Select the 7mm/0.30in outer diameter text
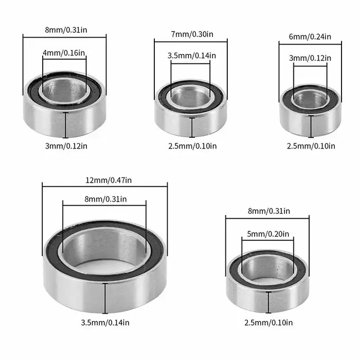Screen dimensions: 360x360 pyautogui.click(x=191, y=34)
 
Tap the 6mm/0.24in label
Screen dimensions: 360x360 pyautogui.click(x=311, y=37)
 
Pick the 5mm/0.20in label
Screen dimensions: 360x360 pyautogui.click(x=268, y=233)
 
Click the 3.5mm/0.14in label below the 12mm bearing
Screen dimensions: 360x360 pyautogui.click(x=105, y=322)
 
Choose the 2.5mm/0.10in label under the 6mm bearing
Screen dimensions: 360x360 pyautogui.click(x=311, y=146)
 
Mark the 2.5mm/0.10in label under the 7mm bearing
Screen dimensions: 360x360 pyautogui.click(x=191, y=146)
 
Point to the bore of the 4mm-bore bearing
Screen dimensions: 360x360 pyautogui.click(x=65, y=89)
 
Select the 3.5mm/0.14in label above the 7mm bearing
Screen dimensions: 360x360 pyautogui.click(x=191, y=55)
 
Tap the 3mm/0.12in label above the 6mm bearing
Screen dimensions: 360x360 pyautogui.click(x=311, y=58)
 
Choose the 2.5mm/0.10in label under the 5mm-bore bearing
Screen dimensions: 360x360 pyautogui.click(x=268, y=322)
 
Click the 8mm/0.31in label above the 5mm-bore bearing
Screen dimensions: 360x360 pyautogui.click(x=268, y=211)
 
